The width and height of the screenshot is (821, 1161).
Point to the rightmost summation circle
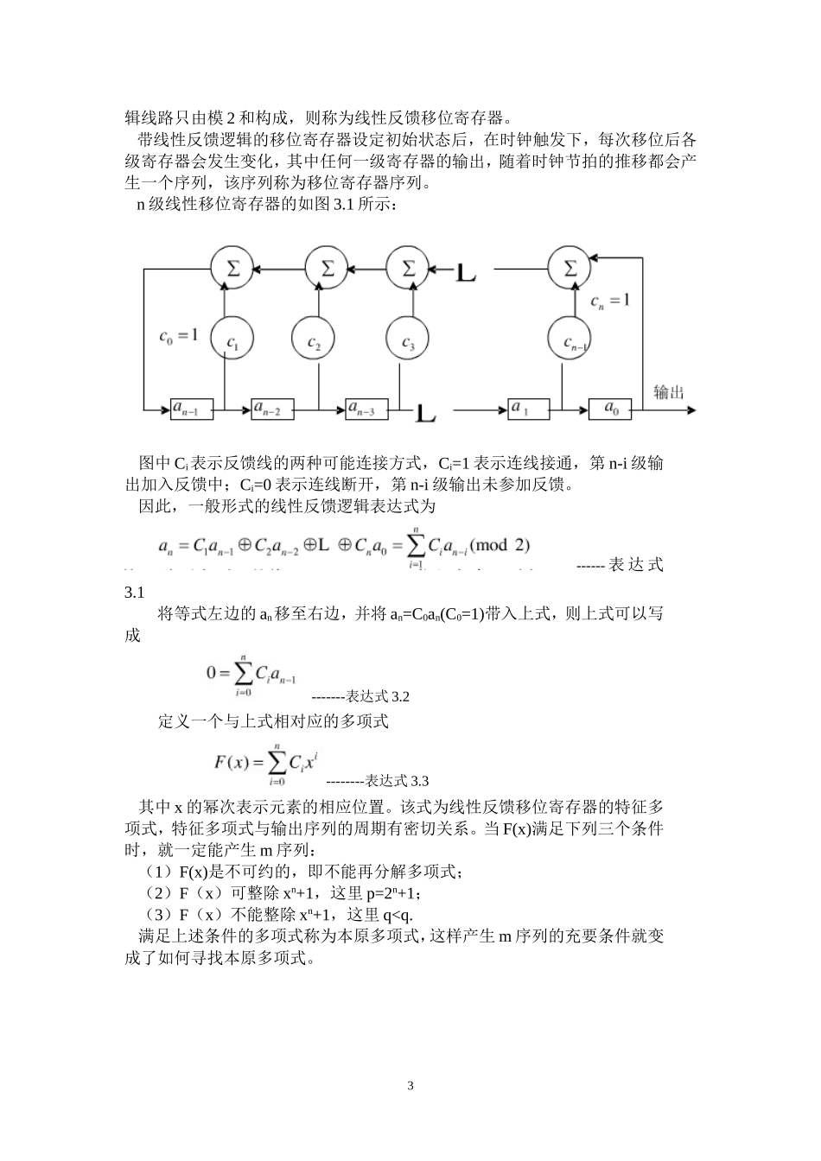570,269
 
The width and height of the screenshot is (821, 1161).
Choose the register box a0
610,408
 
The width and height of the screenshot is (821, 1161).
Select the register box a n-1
191,408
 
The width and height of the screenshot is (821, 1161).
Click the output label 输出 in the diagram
668,391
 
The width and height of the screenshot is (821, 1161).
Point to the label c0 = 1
178,334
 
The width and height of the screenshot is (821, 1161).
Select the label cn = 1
610,301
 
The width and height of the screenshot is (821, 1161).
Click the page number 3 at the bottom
410,1086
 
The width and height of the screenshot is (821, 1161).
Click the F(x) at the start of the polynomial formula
231,762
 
